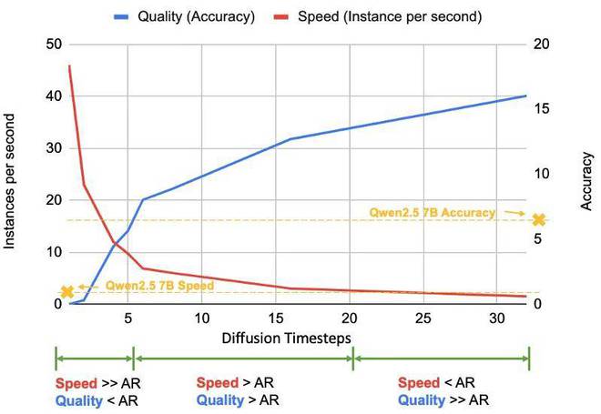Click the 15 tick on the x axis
point(275,318)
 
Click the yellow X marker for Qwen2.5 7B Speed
point(66,291)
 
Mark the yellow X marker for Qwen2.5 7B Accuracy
point(538,219)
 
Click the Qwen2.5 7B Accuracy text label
point(432,212)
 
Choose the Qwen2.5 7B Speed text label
point(160,285)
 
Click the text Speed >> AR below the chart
point(97,383)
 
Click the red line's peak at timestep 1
point(69,66)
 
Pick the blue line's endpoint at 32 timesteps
point(526,96)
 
